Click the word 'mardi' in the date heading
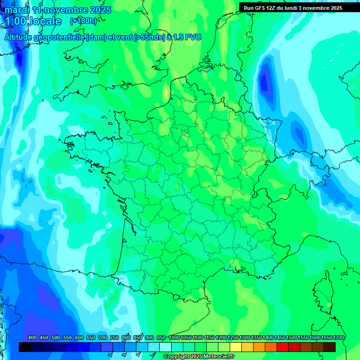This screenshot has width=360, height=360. coord(17,10)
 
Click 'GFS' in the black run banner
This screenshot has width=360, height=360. coord(262,8)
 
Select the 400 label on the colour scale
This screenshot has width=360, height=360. coord(32,338)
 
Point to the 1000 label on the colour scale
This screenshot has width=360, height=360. coord(174,338)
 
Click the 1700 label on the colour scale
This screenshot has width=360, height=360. coord(338,338)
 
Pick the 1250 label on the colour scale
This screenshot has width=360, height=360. coord(233,338)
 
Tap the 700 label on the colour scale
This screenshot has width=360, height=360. coord(103,338)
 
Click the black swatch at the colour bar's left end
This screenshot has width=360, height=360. coord(25,347)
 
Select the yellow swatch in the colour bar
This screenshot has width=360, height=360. coord(236,347)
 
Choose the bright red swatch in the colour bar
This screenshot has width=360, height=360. coord(283,347)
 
